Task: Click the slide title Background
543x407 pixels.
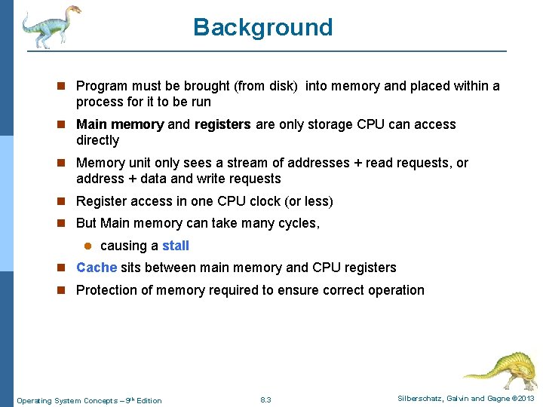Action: coord(262,27)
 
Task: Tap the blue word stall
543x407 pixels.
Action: coord(176,246)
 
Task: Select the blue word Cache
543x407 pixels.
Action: coord(97,268)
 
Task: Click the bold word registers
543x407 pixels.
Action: coord(222,124)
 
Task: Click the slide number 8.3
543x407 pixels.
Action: coord(265,399)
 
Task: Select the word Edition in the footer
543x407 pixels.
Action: coord(149,400)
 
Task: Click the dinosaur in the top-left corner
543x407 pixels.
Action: coord(50,26)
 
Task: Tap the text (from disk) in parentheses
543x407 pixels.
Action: coord(263,86)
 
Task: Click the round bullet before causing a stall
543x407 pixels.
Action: coord(87,246)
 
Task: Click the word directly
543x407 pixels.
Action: coord(97,140)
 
